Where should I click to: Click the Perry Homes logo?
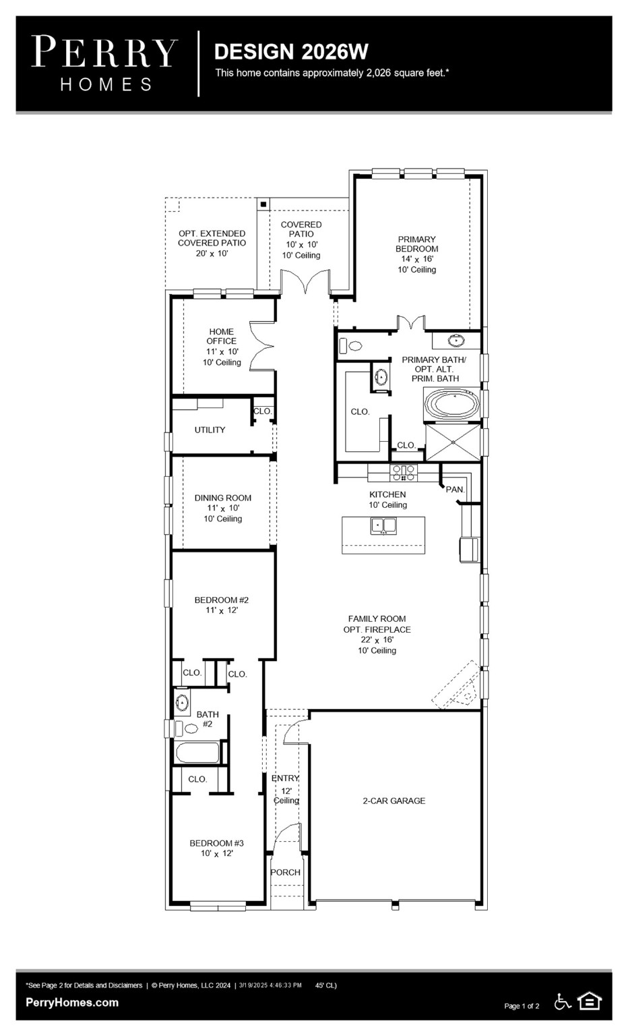[x=104, y=63]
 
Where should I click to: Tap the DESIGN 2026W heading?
[x=291, y=51]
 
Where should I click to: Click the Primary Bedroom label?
[x=416, y=254]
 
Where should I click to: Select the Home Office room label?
[x=222, y=347]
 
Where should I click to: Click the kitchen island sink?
[x=383, y=525]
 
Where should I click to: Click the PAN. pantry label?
[x=456, y=489]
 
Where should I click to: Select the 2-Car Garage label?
[x=394, y=801]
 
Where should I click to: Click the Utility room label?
[x=210, y=430]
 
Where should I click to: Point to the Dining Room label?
[x=223, y=508]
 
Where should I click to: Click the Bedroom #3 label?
[x=216, y=848]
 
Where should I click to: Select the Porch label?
[x=285, y=872]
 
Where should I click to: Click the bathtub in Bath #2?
[x=197, y=752]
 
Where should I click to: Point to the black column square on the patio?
[x=263, y=204]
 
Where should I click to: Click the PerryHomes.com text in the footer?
[x=72, y=1002]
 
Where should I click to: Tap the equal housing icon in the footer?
[x=590, y=1002]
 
